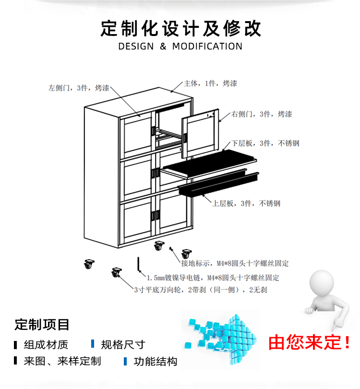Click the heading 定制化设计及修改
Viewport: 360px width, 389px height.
tap(180, 28)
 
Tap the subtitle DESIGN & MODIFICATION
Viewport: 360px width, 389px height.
tap(180, 47)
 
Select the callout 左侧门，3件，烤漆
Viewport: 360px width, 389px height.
tap(79, 88)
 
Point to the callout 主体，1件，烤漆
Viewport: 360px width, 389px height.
tap(210, 84)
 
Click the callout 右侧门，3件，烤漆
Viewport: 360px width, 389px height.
tap(261, 114)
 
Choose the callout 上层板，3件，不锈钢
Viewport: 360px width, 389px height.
tap(246, 203)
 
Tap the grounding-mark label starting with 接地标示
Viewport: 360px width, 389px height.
tap(235, 264)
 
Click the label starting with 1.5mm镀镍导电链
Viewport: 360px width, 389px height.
tap(213, 278)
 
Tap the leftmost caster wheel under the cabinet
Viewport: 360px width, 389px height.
tap(88, 263)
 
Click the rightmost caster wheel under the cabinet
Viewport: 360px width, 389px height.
tap(186, 254)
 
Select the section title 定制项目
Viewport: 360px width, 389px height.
tap(42, 325)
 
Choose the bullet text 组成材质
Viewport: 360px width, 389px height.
tap(46, 344)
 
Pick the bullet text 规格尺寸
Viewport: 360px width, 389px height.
tap(123, 344)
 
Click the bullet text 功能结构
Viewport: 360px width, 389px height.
tap(156, 362)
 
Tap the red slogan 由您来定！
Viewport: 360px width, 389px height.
tap(310, 342)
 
